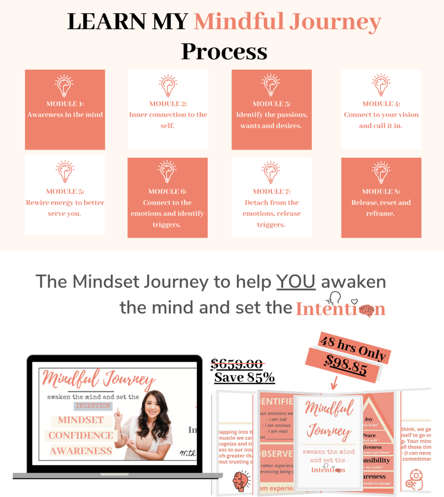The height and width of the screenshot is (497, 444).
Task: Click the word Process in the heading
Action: point(224,52)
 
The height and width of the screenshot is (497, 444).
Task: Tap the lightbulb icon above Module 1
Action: point(64,85)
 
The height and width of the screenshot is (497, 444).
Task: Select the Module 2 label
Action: point(168,104)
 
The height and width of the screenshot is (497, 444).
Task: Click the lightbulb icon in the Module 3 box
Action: point(271,85)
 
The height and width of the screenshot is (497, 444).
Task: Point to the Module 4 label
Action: point(381,104)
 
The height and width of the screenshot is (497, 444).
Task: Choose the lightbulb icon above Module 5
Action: point(65,171)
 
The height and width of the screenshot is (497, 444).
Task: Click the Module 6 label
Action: point(167,192)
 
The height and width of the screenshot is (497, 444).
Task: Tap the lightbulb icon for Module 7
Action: point(271,172)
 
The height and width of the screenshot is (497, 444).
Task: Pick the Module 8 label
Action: point(381,192)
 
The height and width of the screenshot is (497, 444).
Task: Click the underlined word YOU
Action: point(296,282)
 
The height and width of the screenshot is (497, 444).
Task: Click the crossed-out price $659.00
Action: point(237,364)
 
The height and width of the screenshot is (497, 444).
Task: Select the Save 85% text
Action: point(244,377)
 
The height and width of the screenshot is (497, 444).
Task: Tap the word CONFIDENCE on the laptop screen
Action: point(81,435)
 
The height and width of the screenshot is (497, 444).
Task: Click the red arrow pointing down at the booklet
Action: point(334,382)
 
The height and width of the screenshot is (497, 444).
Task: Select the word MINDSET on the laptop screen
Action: point(81,420)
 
